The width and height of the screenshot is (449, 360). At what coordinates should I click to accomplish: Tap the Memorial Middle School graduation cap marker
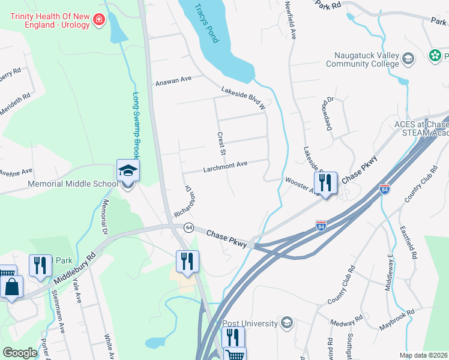pyautogui.click(x=128, y=171)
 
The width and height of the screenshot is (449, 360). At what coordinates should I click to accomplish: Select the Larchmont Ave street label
pyautogui.click(x=226, y=165)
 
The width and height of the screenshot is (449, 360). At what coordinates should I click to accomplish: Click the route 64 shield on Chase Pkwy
pyautogui.click(x=188, y=228)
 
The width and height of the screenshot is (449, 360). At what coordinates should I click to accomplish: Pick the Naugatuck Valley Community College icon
pyautogui.click(x=408, y=58)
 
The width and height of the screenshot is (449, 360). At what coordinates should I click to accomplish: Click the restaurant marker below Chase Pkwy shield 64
pyautogui.click(x=187, y=261)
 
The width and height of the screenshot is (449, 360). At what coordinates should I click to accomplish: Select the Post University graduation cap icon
pyautogui.click(x=286, y=323)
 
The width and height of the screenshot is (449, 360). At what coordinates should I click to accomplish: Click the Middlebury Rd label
pyautogui.click(x=74, y=263)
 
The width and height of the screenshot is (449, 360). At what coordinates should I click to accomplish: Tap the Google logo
pyautogui.click(x=20, y=352)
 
